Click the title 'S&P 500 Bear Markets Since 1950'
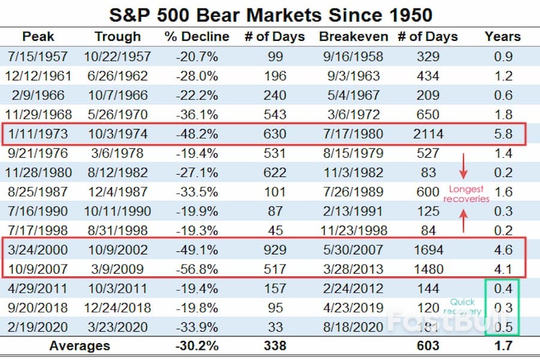270,14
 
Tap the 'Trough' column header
118,37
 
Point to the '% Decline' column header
196,37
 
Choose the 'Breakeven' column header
353,37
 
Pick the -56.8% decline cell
196,269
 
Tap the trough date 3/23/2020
118,326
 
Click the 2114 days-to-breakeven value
428,134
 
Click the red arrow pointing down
463,166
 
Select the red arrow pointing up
463,221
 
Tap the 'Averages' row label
80,346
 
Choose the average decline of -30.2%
196,346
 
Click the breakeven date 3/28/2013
353,269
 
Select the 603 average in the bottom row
428,346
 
